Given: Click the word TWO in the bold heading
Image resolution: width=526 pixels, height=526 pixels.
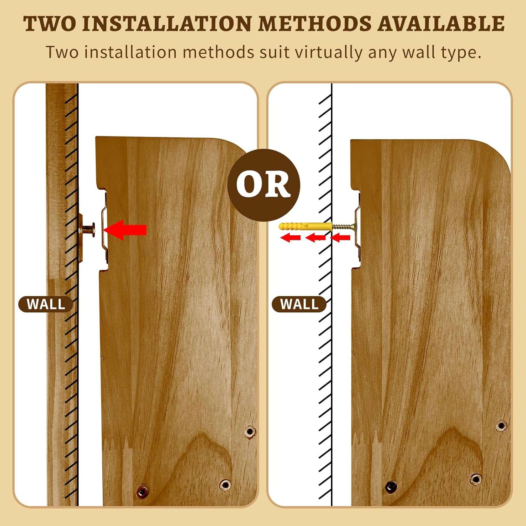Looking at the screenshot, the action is (x=50, y=24).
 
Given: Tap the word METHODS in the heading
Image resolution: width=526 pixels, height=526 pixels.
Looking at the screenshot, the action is (x=315, y=24).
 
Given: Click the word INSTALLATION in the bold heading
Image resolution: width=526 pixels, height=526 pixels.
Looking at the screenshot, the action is (x=167, y=24).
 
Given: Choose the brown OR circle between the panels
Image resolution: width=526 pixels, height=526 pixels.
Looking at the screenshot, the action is (x=264, y=185).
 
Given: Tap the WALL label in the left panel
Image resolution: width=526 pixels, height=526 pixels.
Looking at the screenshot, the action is (x=46, y=304).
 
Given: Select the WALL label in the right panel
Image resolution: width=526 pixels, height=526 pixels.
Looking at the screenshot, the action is (x=299, y=304).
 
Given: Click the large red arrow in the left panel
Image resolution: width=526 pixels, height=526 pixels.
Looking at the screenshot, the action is (x=125, y=230).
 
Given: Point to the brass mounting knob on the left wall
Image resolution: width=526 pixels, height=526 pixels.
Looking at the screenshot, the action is (x=87, y=230).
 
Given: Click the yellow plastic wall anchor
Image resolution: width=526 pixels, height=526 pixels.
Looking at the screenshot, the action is (x=305, y=226).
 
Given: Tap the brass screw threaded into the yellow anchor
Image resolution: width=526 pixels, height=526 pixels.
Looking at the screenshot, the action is (x=344, y=227).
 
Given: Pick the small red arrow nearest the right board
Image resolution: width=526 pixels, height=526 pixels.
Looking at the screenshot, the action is (x=340, y=238).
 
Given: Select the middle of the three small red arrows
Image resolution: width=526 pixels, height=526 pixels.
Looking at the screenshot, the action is (x=316, y=238).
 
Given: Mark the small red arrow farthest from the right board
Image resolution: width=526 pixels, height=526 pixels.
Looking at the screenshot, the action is (x=290, y=238).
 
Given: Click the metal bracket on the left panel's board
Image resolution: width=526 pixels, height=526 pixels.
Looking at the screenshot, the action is (x=105, y=228).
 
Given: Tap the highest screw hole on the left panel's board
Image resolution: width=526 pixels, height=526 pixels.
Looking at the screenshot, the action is (x=250, y=431).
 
